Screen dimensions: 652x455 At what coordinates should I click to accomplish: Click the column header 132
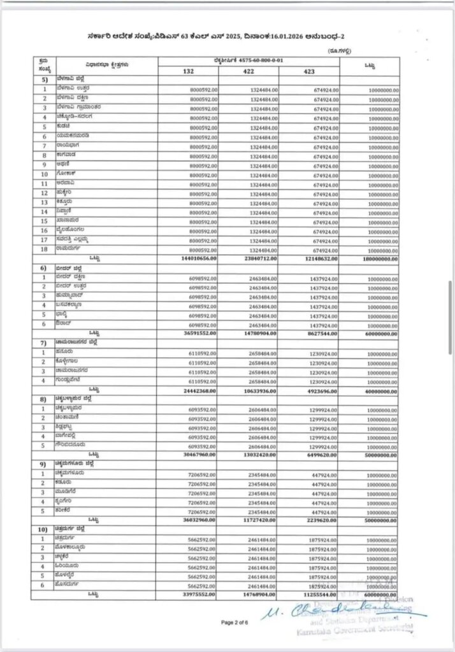[x=188, y=71]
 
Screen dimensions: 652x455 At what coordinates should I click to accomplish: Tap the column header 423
[x=308, y=71]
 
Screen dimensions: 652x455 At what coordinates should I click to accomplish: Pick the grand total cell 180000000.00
[x=377, y=260]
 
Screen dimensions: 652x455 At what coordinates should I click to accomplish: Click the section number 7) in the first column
[x=45, y=343]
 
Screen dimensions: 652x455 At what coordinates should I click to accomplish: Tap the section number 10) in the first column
[x=45, y=529]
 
